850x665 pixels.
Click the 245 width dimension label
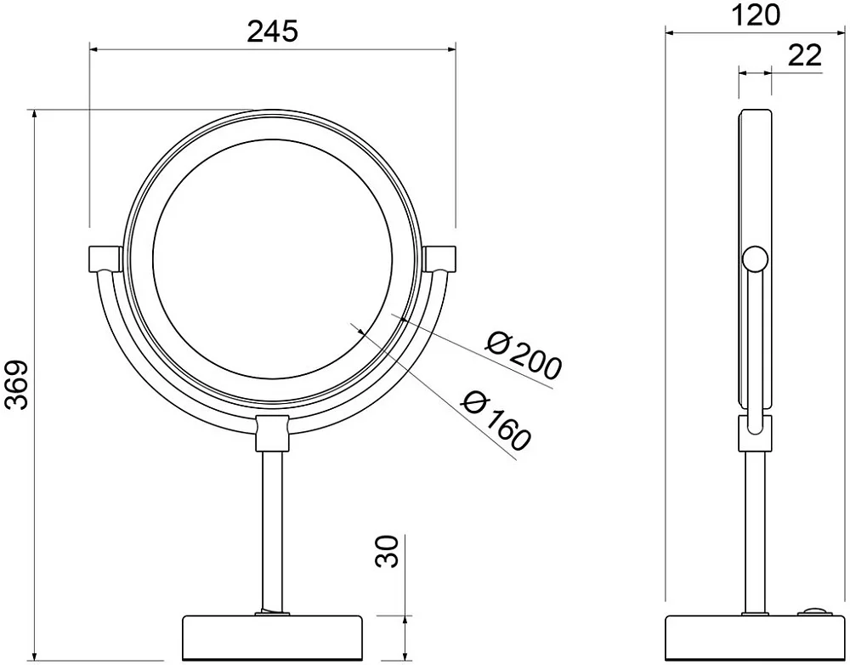(x=272, y=32)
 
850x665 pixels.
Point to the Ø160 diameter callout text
(x=496, y=420)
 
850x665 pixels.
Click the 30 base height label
(x=387, y=551)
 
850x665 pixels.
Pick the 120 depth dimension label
(x=756, y=15)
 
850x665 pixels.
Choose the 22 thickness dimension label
(x=804, y=55)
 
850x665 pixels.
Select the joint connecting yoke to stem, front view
(x=272, y=433)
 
